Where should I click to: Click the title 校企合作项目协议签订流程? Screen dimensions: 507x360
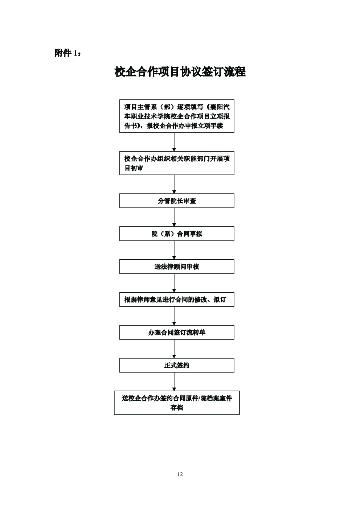pyautogui.click(x=180, y=72)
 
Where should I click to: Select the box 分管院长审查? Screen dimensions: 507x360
pyautogui.click(x=177, y=201)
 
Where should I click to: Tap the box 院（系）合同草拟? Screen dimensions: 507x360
pyautogui.click(x=177, y=234)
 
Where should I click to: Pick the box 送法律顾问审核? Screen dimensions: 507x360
pyautogui.click(x=177, y=267)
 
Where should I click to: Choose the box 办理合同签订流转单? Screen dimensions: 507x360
pyautogui.click(x=177, y=333)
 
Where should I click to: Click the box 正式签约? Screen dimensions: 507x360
pyautogui.click(x=177, y=366)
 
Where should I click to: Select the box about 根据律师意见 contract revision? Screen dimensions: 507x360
pyautogui.click(x=177, y=300)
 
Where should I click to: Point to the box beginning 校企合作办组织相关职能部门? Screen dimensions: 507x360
pyautogui.click(x=177, y=163)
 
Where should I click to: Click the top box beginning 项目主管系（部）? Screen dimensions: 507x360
pyautogui.click(x=177, y=116)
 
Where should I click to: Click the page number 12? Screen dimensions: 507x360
pyautogui.click(x=180, y=474)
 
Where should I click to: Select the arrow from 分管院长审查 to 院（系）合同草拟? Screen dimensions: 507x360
pyautogui.click(x=174, y=217)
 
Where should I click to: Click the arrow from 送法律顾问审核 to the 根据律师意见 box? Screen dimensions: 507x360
pyautogui.click(x=174, y=283)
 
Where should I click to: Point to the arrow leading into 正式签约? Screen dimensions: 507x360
pyautogui.click(x=174, y=349)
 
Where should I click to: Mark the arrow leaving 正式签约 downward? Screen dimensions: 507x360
pyautogui.click(x=174, y=382)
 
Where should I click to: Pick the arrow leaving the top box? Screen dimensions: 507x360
pyautogui.click(x=174, y=142)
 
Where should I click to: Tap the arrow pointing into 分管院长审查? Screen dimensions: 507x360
pyautogui.click(x=174, y=184)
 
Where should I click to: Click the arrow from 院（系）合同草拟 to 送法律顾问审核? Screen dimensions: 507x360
pyautogui.click(x=174, y=250)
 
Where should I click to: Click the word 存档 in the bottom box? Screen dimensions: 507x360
pyautogui.click(x=177, y=408)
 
